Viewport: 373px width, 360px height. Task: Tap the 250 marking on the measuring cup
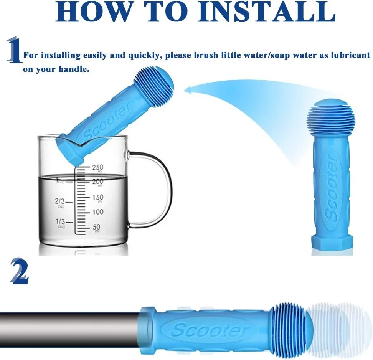coord(97,168)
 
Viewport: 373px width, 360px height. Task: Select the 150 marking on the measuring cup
coord(98,198)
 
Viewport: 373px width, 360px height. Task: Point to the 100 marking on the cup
coord(98,212)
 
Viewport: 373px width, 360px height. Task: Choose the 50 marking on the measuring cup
coord(96,228)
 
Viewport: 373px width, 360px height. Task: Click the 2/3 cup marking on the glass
coord(60,203)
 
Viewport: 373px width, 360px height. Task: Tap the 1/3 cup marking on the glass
coord(60,223)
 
